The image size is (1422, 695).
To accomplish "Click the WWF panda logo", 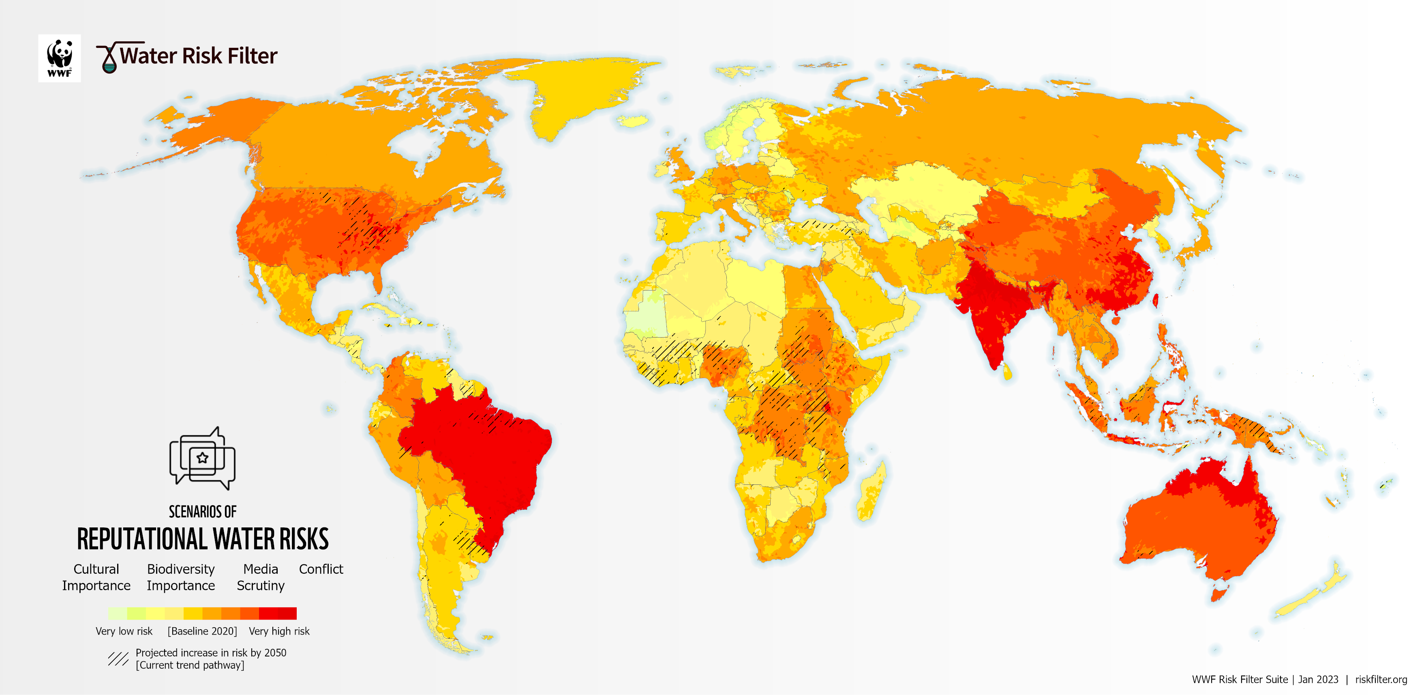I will (59, 58).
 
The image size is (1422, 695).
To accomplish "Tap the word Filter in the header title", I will (252, 56).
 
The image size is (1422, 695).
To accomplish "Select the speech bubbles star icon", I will (202, 458).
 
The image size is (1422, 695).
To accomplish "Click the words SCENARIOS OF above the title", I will (203, 512).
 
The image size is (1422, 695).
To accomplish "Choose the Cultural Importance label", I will (96, 577).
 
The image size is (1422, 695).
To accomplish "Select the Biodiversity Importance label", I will (180, 577).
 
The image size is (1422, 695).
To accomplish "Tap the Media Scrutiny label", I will (261, 577).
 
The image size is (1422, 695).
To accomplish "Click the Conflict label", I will (321, 569).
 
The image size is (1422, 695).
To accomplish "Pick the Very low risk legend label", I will (124, 631).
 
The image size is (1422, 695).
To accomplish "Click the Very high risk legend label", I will (279, 631).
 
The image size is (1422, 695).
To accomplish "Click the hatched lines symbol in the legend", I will (118, 658).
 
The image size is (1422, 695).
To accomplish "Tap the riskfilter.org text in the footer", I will (1381, 679).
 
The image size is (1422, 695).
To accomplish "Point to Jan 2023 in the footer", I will (1318, 679).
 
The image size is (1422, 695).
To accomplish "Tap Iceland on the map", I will (633, 121).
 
